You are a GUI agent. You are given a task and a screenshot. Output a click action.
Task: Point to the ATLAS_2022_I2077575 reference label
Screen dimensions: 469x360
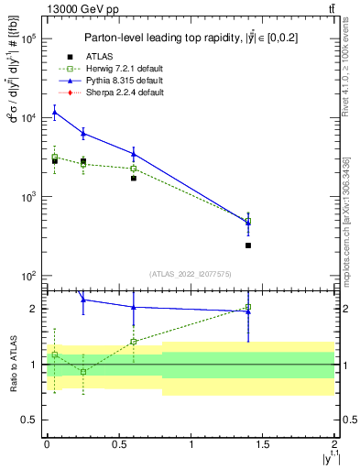coord(191,273)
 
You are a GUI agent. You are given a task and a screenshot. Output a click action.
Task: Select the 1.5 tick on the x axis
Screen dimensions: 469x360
coord(263,454)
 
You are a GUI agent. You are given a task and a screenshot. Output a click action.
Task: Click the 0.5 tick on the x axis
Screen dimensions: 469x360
coord(119,454)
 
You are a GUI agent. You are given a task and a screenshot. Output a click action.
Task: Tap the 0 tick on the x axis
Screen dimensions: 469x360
coord(47,454)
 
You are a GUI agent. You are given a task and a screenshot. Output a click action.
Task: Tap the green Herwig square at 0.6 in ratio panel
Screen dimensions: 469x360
coord(133,342)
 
